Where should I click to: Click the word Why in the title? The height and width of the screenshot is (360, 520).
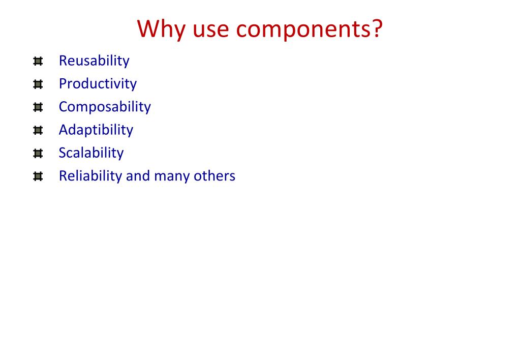[162, 29]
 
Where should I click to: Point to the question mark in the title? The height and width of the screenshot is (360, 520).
[377, 28]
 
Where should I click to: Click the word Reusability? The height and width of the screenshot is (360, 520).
[94, 61]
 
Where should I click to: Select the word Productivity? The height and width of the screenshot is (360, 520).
[98, 84]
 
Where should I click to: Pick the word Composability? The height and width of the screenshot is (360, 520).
[105, 107]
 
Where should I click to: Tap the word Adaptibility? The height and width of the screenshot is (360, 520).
[96, 130]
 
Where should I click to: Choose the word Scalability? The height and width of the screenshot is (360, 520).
[91, 153]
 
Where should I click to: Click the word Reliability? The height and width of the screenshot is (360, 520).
[90, 176]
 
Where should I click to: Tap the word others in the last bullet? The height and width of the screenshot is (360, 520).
[214, 176]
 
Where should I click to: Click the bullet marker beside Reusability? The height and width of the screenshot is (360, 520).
[38, 62]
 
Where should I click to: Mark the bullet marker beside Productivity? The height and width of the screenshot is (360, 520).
[38, 84]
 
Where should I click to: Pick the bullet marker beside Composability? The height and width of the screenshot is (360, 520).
[38, 107]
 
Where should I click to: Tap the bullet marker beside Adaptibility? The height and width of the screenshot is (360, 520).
[38, 130]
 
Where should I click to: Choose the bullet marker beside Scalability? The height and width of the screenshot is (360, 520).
[38, 154]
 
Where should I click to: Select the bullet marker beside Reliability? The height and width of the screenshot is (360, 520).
[38, 176]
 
